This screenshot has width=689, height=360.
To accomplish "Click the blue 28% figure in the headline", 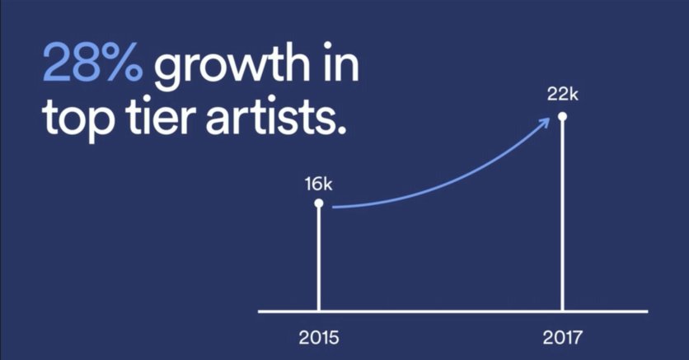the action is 92,63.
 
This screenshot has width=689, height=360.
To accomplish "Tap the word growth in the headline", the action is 232,66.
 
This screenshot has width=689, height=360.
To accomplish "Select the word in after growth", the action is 341,62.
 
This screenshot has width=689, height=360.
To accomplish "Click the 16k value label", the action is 319,185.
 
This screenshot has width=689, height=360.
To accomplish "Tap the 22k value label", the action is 563,94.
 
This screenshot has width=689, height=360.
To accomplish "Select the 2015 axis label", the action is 319,337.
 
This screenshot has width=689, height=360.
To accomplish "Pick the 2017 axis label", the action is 562,337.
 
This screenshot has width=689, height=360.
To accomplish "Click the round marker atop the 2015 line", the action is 319,203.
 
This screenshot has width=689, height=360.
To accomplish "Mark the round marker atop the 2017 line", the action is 562,116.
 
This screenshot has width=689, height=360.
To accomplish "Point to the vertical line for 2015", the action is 319,259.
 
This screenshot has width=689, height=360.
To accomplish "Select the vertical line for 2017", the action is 562,216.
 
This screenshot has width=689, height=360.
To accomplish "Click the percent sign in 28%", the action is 124,63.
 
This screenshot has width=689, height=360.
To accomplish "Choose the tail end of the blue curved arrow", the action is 334,207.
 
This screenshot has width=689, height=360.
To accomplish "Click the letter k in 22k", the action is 574,94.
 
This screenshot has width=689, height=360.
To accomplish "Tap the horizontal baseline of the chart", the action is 452,311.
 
